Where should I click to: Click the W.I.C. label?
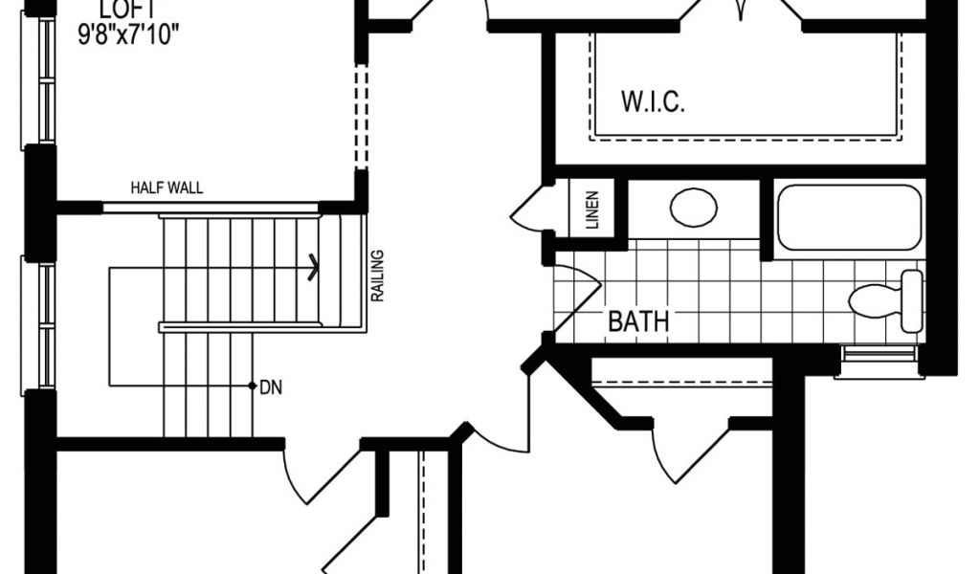point(654,103)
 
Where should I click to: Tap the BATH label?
point(638,321)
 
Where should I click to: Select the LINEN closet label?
point(591,210)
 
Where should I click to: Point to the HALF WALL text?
point(167,188)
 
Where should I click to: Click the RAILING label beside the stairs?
point(378,276)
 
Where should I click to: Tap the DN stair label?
point(270,387)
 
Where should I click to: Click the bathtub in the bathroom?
point(848,217)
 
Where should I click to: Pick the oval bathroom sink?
point(694,208)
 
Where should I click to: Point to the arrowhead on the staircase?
point(312,268)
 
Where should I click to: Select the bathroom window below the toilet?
point(880,362)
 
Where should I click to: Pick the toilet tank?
point(912,300)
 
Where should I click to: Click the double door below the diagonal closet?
point(691,450)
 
